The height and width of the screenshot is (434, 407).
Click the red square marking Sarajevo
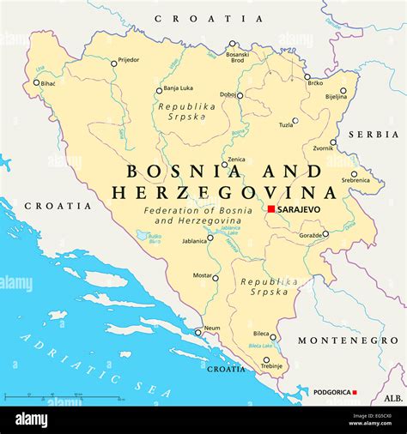270,209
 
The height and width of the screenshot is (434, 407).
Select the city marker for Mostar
216,278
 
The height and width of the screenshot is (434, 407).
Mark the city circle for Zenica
225,165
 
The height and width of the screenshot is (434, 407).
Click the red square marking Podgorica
355,393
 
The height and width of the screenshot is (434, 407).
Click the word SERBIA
375,135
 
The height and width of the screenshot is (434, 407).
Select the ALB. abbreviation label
392,399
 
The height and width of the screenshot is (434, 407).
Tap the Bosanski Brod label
237,57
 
